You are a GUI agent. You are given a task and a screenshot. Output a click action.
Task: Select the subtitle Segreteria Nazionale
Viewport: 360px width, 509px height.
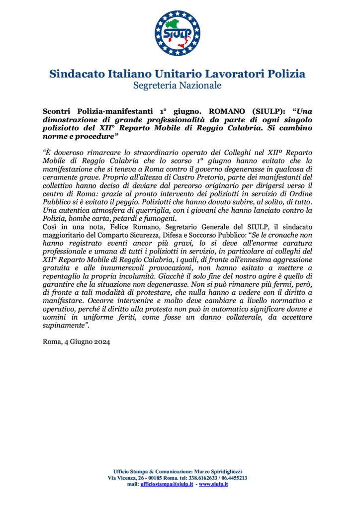[177, 85]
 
